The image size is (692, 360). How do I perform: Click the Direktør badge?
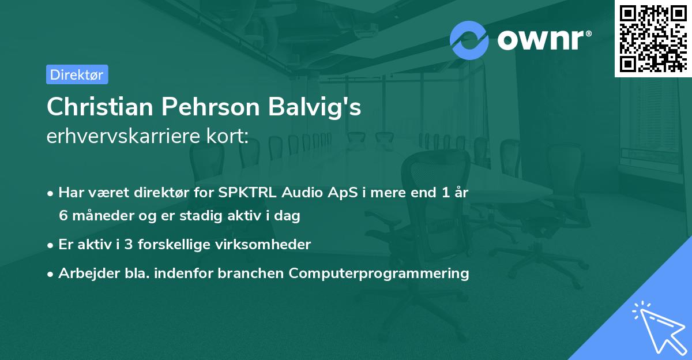click(77, 74)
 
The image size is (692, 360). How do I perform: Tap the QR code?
click(652, 37)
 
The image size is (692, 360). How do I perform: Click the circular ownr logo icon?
click(469, 40)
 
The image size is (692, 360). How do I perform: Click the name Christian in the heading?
click(99, 107)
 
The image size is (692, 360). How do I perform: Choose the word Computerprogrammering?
click(379, 273)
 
